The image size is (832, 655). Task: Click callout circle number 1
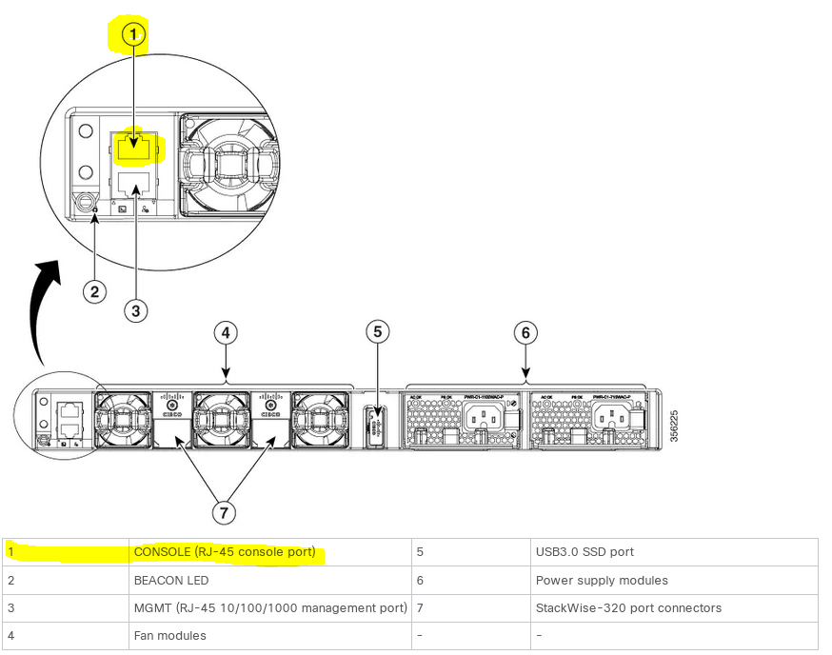134,35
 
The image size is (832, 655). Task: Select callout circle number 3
136,309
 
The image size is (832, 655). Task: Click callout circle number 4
226,332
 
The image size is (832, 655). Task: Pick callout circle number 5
378,331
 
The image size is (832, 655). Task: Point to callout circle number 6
525,332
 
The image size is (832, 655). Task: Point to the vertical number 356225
673,425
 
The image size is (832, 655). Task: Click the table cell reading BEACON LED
171,580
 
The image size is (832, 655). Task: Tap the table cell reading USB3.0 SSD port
584,551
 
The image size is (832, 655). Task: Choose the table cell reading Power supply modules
602,580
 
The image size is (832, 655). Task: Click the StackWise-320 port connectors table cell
628,607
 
